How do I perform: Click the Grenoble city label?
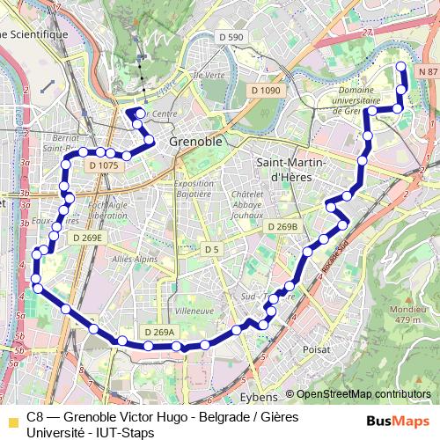[195, 141]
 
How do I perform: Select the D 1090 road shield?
[264, 90]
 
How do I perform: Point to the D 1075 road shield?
[103, 165]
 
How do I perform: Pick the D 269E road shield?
[87, 238]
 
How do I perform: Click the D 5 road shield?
[211, 249]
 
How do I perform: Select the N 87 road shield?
[428, 70]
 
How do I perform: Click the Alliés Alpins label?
[135, 260]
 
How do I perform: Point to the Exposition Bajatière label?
[194, 188]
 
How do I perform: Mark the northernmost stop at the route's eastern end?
[401, 67]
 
